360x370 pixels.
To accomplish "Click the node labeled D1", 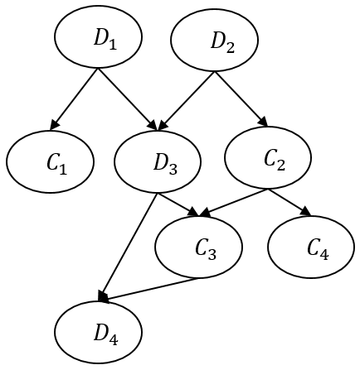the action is (x=99, y=36).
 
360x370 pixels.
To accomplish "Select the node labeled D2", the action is (x=214, y=41).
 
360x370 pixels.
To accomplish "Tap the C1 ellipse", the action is (x=50, y=162).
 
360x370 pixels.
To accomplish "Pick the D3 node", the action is (x=158, y=161).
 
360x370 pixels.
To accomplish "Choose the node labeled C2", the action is (x=268, y=158).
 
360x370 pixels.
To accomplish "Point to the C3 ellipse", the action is (x=198, y=247).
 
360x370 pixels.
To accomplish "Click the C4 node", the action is (x=311, y=247).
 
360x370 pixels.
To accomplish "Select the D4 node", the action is (x=99, y=332).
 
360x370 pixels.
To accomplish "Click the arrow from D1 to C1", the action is (x=74, y=99).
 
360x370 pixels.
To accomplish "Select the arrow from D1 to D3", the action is (x=127, y=99).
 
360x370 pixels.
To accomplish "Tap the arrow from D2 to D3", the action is (x=187, y=100).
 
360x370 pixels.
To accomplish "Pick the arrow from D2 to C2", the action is (x=241, y=99).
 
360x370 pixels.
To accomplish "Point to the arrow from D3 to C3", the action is (x=178, y=204).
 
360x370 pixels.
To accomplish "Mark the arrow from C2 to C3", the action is (x=234, y=203).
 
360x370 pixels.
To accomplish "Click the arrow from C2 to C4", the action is (x=289, y=202).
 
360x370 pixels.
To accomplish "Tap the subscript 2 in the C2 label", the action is (x=280, y=166).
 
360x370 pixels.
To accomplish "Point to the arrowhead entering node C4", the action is (x=306, y=212).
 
